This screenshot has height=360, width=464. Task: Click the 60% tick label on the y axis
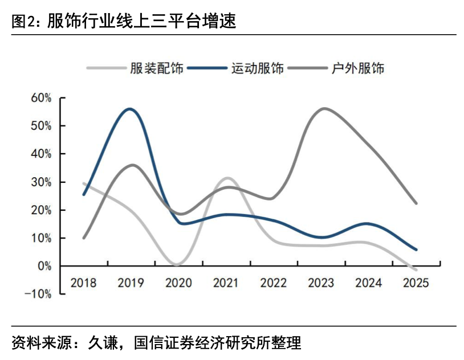41,98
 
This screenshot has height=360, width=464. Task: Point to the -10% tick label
39,294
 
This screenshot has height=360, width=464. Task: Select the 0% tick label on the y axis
44,266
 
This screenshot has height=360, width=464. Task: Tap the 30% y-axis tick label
41,182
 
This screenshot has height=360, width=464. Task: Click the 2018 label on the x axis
84,283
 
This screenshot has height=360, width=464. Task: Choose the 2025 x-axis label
416,283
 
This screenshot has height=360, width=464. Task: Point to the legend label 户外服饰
358,68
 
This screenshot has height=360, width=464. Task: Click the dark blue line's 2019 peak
131,109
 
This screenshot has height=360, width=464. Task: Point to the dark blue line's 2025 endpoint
416,249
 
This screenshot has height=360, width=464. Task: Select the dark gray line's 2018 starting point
84,238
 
